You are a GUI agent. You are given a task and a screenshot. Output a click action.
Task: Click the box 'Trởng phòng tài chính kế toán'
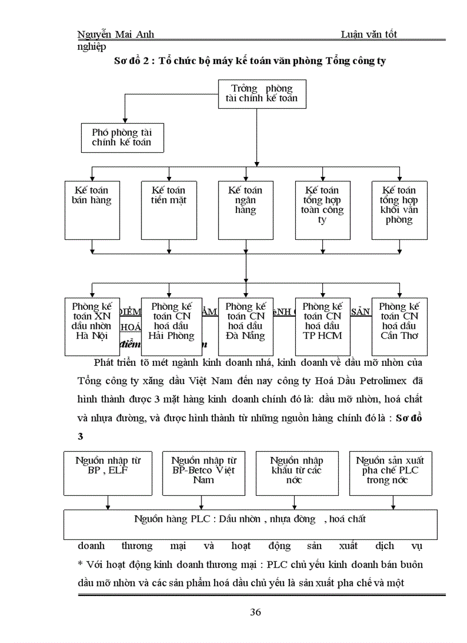pyautogui.click(x=262, y=93)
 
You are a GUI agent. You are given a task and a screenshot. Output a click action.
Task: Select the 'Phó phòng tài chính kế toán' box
pyautogui.click(x=121, y=137)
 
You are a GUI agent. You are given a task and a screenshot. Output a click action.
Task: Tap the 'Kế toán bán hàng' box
pyautogui.click(x=92, y=210)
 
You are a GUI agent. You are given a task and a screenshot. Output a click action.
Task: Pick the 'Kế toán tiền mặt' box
pyautogui.click(x=168, y=210)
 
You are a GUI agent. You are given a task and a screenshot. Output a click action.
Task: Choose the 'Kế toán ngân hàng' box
pyautogui.click(x=246, y=210)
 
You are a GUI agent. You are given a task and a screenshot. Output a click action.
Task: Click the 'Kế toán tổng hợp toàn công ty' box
pyautogui.click(x=322, y=210)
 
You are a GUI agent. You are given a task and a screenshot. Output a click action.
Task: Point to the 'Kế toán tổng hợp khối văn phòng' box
pyautogui.click(x=399, y=210)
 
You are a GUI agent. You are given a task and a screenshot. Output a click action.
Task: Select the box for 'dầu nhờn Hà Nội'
pyautogui.click(x=92, y=326)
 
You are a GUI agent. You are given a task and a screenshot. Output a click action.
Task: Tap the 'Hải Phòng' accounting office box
pyautogui.click(x=171, y=326)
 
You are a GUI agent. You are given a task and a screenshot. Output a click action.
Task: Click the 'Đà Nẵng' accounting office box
pyautogui.click(x=246, y=326)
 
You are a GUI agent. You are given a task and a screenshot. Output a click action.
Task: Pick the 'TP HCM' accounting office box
pyautogui.click(x=322, y=326)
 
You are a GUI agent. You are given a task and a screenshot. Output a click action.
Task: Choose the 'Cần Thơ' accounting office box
pyautogui.click(x=399, y=326)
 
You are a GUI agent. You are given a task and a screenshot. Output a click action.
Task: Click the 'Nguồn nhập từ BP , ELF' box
pyautogui.click(x=108, y=473)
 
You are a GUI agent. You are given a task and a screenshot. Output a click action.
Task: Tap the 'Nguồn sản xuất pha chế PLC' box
pyautogui.click(x=391, y=473)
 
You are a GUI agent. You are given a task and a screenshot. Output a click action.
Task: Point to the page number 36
pyautogui.click(x=256, y=613)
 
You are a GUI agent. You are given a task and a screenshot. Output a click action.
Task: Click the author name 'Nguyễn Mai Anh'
pyautogui.click(x=115, y=34)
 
